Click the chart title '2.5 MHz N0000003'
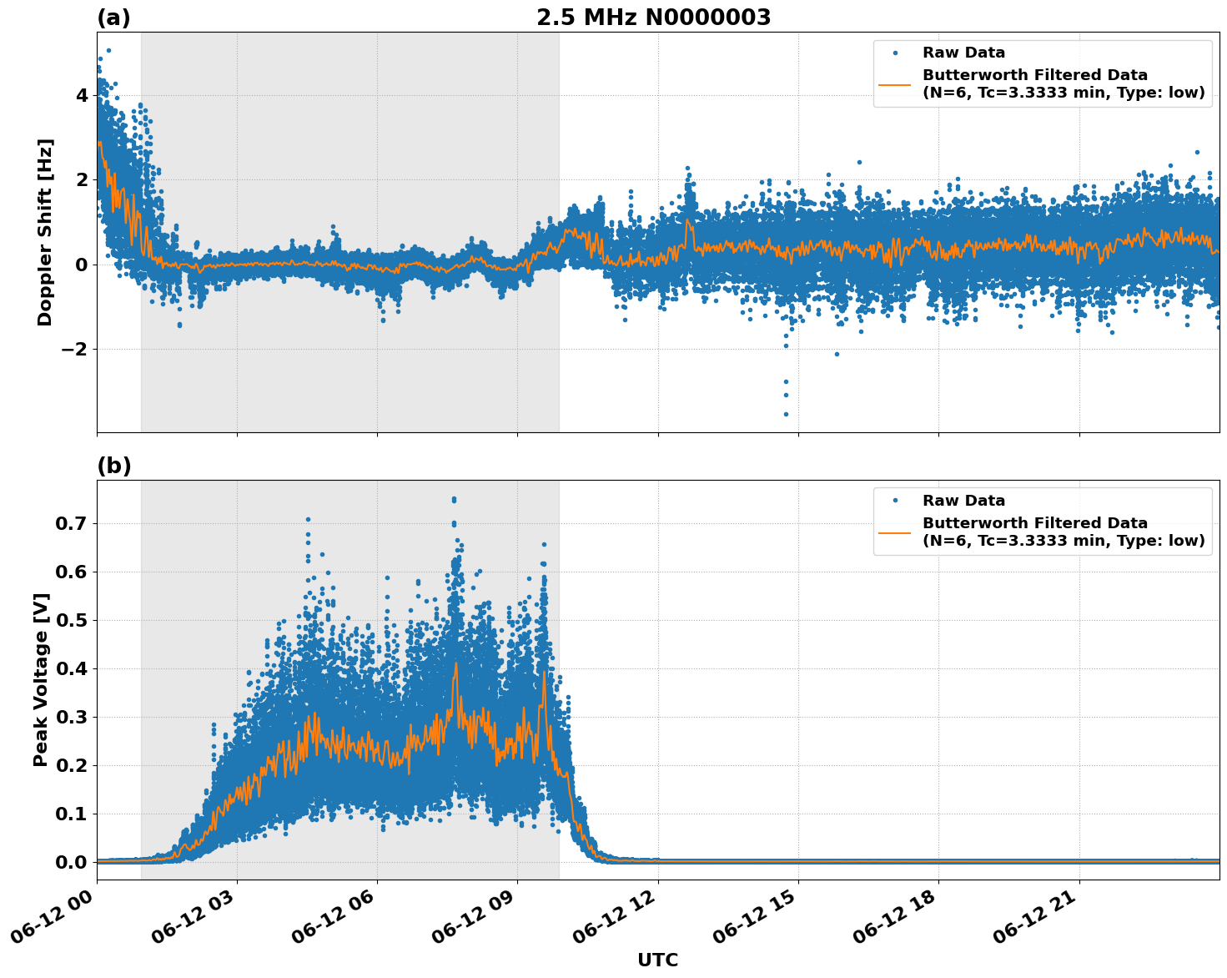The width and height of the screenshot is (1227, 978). tap(653, 18)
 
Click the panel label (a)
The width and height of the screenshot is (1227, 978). tap(113, 18)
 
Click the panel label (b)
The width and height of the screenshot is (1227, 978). tap(113, 466)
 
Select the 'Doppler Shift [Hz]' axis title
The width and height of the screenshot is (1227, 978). tap(45, 232)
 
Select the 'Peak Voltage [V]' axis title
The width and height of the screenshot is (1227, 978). tap(42, 679)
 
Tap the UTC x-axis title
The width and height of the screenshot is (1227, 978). tap(657, 960)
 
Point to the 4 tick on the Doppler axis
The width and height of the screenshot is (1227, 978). tap(81, 95)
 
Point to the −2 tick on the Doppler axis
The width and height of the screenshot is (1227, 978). tap(75, 349)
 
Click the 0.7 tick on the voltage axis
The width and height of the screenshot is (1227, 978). tap(73, 524)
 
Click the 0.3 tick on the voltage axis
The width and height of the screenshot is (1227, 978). tap(73, 717)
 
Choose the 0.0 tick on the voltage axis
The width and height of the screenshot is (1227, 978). tap(73, 862)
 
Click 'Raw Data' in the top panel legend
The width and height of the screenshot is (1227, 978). tap(963, 53)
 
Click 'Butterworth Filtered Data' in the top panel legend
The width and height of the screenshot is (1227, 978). tap(1034, 75)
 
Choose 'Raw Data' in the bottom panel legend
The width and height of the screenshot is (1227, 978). tap(963, 501)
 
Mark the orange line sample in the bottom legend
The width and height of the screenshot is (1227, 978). tap(895, 532)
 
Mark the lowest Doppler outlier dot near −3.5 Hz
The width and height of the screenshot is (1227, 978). tap(786, 414)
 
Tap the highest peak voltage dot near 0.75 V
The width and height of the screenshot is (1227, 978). tap(454, 499)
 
